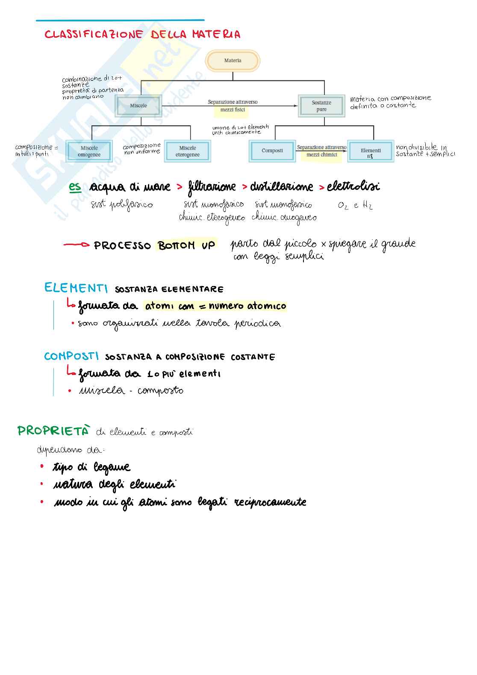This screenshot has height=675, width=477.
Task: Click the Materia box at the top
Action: coord(233,61)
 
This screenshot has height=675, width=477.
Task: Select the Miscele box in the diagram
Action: coord(138,106)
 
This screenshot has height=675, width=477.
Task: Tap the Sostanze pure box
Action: coord(321,106)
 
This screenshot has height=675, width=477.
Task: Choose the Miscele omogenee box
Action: coord(89,151)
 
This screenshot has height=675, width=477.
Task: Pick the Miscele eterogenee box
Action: coord(187,151)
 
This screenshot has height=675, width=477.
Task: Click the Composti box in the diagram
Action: coord(272,151)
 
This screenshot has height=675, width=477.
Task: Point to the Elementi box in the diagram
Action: coord(371,151)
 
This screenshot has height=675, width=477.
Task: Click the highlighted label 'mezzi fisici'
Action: coord(233,110)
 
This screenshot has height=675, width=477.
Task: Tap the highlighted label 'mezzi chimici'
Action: coord(321,155)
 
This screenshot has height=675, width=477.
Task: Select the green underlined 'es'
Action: coord(75,187)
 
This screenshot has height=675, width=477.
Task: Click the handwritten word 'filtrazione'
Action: coord(212,187)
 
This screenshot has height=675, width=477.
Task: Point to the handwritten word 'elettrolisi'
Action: coord(353,186)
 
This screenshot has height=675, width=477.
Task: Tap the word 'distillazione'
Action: coord(281,187)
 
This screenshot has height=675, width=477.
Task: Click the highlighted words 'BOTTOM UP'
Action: coord(186,245)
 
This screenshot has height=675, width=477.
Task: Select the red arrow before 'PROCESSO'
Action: coord(76,245)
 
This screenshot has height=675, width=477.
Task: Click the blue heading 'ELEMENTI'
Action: coord(76,288)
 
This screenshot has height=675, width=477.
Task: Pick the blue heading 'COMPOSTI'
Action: coord(71,356)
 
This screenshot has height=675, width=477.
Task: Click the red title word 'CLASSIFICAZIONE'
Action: coord(94,34)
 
